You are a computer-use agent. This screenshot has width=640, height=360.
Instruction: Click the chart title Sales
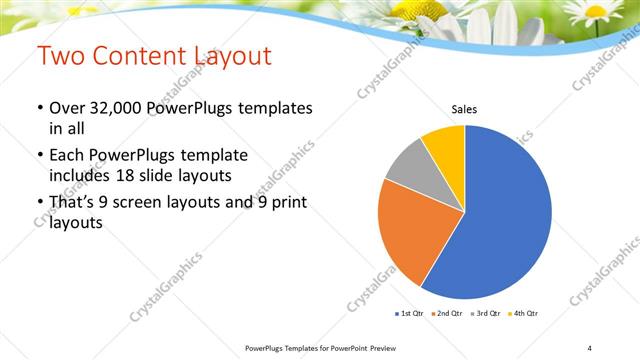point(464,109)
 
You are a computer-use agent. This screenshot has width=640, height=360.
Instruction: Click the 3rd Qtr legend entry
point(485,314)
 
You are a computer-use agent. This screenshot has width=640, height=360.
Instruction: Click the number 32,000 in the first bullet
point(108,108)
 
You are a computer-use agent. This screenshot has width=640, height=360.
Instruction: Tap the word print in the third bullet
point(287,203)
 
